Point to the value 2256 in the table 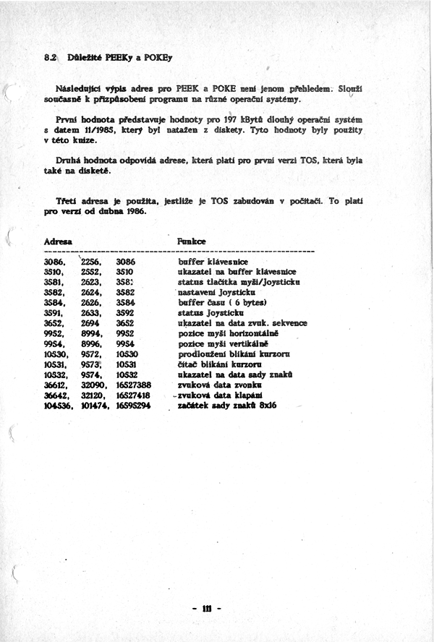tap(93, 260)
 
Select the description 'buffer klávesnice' tap(214, 260)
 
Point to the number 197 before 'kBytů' tap(231, 119)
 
